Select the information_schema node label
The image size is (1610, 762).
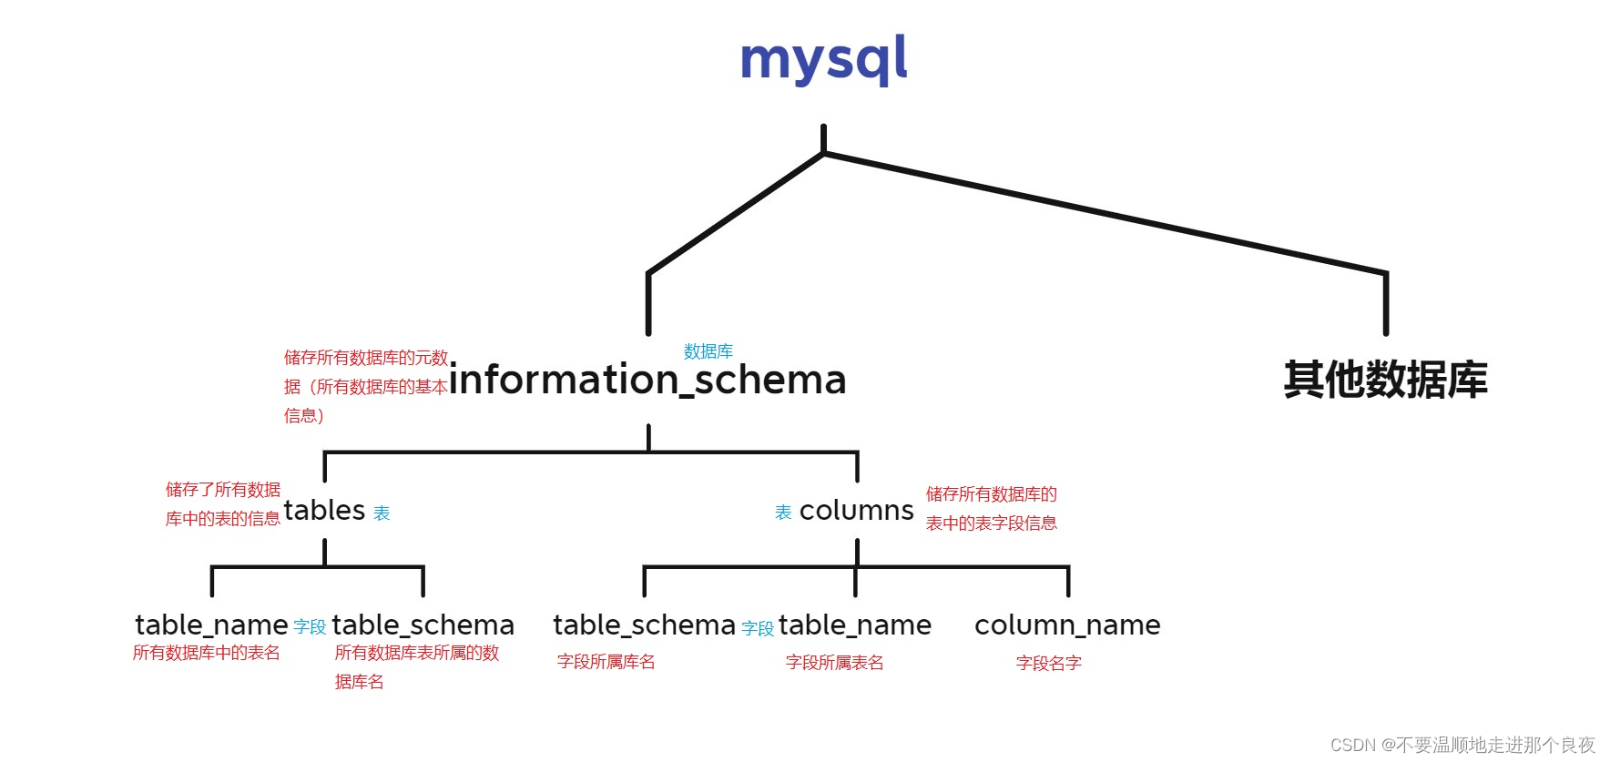coord(647,380)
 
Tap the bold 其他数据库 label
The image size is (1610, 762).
coord(1385,380)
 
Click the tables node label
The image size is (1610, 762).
coord(324,510)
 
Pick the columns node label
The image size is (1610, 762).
coord(856,511)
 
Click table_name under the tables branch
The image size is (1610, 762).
coord(211,625)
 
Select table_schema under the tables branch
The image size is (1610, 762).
coord(423,625)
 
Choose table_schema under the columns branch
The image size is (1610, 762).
coord(644,625)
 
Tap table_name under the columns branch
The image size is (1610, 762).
coord(854,625)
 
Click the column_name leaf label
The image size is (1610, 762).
coord(1067,625)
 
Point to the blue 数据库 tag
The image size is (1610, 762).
coord(708,351)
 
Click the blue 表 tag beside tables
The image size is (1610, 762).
coord(382,513)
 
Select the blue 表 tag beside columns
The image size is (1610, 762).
coord(783,513)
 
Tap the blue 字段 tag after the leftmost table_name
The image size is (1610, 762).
coord(310,627)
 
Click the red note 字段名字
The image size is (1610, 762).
coord(1048,663)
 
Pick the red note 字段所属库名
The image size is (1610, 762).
coord(606,662)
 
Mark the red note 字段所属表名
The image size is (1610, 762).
coord(834,663)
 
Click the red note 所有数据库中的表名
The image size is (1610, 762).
coord(207,653)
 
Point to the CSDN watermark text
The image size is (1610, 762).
coord(1462,745)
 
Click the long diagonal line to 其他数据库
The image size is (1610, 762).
coord(1105,213)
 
